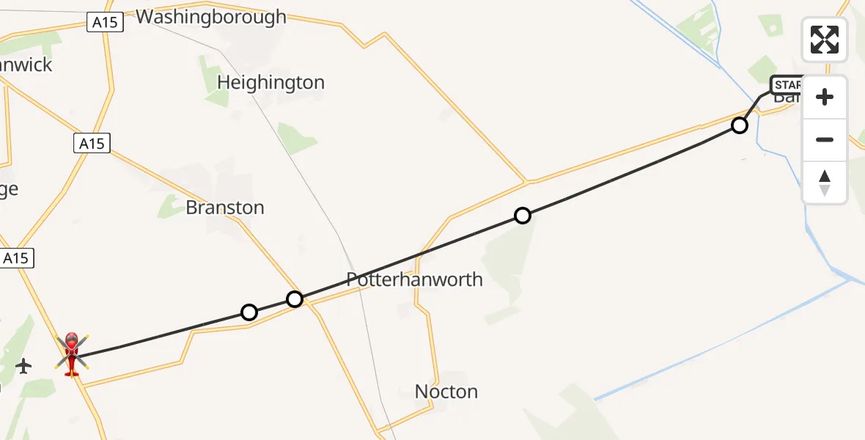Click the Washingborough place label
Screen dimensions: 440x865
(211, 17)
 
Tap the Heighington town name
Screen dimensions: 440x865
(270, 83)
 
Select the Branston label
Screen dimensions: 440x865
(225, 208)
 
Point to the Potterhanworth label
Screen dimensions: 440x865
(414, 279)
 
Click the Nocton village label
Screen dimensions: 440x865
(446, 392)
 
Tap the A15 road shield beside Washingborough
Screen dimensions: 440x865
(105, 23)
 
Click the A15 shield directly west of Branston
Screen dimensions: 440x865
(92, 144)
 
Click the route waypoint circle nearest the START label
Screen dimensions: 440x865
(740, 125)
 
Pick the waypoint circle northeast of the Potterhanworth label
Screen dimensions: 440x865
(522, 216)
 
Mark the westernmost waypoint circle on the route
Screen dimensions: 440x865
(249, 313)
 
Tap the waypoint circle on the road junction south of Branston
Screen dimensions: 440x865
(295, 299)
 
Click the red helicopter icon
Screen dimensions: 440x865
(72, 354)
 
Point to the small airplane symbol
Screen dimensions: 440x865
(23, 365)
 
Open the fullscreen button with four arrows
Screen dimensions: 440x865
(825, 40)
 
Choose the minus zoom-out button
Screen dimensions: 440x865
(825, 139)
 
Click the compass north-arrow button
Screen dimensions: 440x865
(825, 182)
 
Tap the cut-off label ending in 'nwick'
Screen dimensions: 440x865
(26, 65)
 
